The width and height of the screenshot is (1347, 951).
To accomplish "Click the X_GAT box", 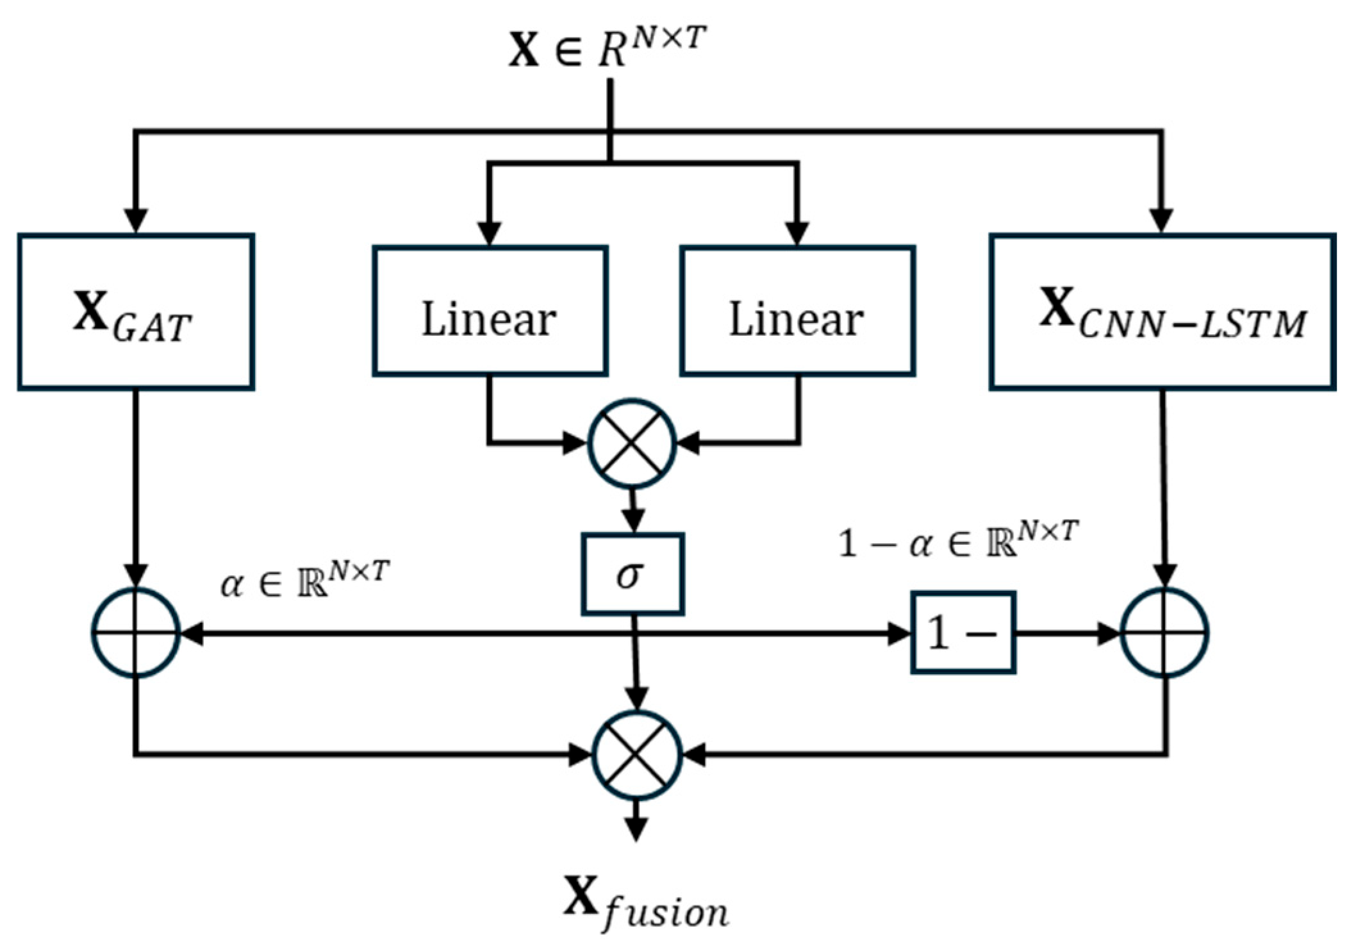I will (136, 312).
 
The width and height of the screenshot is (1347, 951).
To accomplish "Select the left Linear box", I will (490, 311).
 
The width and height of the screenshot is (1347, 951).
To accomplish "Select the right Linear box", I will (797, 311).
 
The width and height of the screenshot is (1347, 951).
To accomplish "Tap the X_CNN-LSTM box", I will (1162, 312).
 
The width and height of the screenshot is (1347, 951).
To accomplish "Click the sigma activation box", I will (632, 574).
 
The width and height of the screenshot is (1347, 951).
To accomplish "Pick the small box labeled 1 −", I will (963, 633).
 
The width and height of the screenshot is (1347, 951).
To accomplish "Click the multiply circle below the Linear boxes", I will (632, 443).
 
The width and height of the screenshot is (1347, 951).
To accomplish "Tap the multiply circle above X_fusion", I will (636, 756).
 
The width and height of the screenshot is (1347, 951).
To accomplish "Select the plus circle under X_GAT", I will (135, 633).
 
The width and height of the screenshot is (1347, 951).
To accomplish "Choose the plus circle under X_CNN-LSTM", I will (1164, 633).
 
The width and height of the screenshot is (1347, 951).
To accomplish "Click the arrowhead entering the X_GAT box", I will (135, 221).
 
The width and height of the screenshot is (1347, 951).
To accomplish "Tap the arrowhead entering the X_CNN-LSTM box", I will (1162, 221).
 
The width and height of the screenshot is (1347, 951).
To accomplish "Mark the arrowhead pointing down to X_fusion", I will (636, 830).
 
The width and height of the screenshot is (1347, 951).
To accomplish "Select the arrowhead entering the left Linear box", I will (490, 233).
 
